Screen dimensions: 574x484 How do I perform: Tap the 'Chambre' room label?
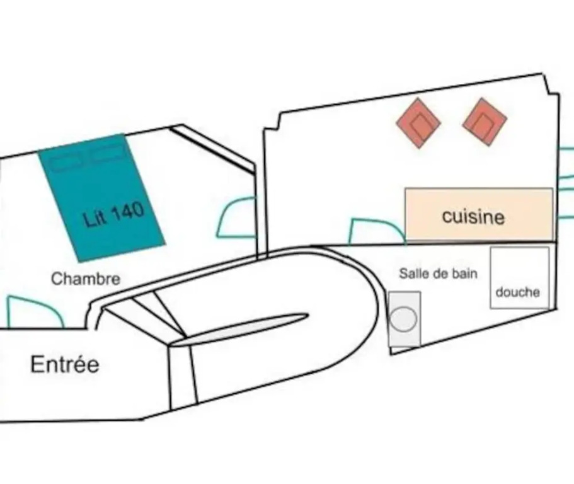pyautogui.click(x=86, y=279)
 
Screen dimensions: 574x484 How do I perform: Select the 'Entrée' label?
pyautogui.click(x=65, y=365)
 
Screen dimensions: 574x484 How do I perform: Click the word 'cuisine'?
pyautogui.click(x=473, y=216)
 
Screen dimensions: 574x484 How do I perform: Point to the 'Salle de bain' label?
pyautogui.click(x=438, y=274)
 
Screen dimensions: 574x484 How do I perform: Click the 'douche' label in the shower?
pyautogui.click(x=518, y=292)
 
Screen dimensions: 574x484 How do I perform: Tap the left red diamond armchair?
pyautogui.click(x=418, y=123)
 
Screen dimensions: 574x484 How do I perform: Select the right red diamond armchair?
pyautogui.click(x=485, y=122)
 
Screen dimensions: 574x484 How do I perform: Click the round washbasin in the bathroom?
pyautogui.click(x=403, y=318)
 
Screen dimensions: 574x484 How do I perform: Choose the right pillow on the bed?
pyautogui.click(x=108, y=153)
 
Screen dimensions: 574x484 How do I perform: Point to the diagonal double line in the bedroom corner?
pyautogui.click(x=212, y=149)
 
